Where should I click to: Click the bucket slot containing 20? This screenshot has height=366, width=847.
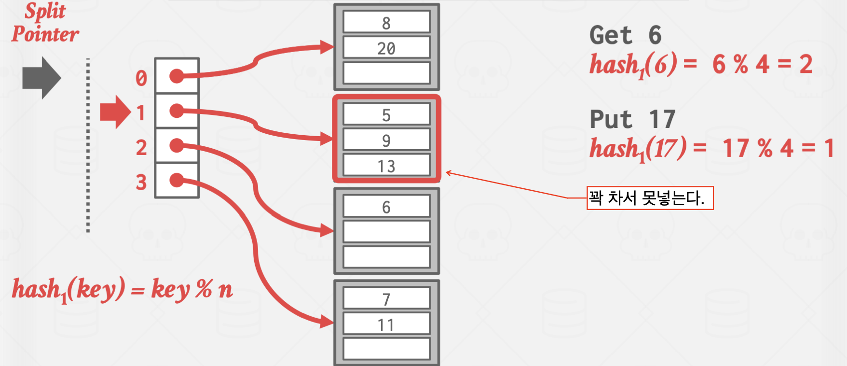(386, 48)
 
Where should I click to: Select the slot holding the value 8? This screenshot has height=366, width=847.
(386, 23)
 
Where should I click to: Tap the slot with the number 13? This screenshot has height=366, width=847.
(386, 166)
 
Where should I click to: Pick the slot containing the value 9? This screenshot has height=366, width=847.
(386, 140)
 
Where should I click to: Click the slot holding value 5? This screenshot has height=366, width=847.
(386, 115)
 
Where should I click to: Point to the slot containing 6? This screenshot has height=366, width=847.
(386, 207)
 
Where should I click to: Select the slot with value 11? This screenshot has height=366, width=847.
(386, 324)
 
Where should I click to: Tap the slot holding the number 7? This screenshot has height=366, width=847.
(386, 299)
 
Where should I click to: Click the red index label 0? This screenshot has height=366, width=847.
(141, 78)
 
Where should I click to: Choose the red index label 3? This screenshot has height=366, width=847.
(141, 182)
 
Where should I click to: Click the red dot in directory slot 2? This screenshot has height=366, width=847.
(177, 145)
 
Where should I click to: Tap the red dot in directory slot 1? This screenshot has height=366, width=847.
(177, 111)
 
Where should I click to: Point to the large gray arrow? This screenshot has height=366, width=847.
(41, 78)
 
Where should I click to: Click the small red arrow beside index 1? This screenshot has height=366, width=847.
(115, 112)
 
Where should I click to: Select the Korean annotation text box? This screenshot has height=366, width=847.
(649, 198)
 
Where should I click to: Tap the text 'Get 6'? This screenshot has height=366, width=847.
(625, 35)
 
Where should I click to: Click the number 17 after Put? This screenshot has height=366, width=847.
(662, 119)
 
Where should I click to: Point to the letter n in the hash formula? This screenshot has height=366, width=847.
(225, 290)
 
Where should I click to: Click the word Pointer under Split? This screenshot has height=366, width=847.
(45, 34)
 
